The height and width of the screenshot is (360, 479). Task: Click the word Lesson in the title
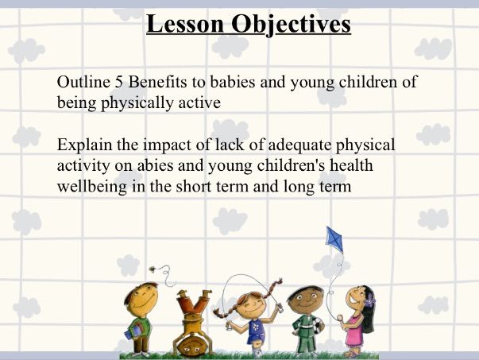click(x=187, y=25)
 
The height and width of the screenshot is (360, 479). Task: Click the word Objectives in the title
click(x=292, y=25)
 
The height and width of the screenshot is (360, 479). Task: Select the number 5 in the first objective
click(x=120, y=83)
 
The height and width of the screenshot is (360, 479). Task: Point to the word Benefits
click(x=161, y=83)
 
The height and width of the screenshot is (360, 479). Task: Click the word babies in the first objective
click(x=238, y=83)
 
